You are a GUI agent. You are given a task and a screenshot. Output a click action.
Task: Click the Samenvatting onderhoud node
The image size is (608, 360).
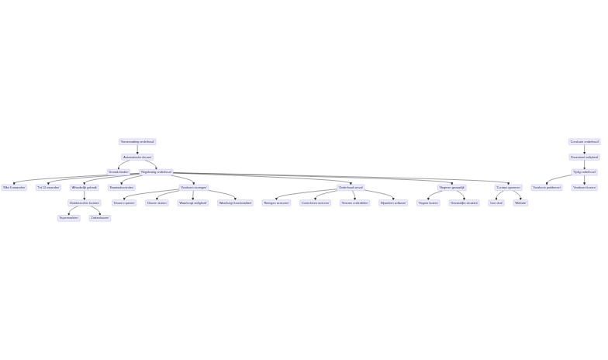tap(137, 142)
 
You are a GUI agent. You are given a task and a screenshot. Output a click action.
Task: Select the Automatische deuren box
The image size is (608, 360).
tap(137, 157)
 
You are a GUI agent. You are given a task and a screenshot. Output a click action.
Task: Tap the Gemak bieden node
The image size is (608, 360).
tap(119, 172)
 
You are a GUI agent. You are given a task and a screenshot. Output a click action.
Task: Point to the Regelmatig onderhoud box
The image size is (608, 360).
tap(156, 172)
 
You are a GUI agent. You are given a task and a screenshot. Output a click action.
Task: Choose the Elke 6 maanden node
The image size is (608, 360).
tap(14, 188)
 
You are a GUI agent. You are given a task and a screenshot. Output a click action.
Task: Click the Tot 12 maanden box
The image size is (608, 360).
tap(48, 188)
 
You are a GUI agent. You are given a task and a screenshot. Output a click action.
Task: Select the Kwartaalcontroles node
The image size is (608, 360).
tap(122, 188)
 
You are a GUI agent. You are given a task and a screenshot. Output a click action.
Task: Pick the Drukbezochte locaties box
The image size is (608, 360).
tap(84, 203)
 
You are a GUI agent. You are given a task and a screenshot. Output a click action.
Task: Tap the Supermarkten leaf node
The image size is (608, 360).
tap(68, 218)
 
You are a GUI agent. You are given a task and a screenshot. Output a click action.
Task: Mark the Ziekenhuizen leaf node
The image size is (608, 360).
tap(100, 218)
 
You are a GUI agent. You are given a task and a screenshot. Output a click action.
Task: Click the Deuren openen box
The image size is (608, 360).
tap(124, 203)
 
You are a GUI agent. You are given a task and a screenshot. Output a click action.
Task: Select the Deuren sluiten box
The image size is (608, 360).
tap(157, 203)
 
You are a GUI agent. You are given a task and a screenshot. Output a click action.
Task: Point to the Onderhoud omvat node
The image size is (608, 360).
tap(351, 188)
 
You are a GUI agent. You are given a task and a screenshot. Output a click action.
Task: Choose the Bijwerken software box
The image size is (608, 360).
tap(393, 203)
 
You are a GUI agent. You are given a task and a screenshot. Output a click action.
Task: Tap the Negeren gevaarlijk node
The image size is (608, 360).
tap(452, 188)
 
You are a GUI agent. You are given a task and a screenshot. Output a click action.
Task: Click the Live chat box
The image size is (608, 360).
tap(496, 203)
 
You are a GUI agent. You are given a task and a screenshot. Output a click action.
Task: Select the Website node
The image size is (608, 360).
tap(520, 203)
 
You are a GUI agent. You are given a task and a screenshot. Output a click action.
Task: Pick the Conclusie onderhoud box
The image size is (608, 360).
tap(584, 142)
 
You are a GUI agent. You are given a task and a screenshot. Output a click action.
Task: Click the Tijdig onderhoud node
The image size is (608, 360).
tap(584, 172)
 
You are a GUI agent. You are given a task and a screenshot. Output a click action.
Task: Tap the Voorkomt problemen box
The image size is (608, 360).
tap(547, 188)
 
